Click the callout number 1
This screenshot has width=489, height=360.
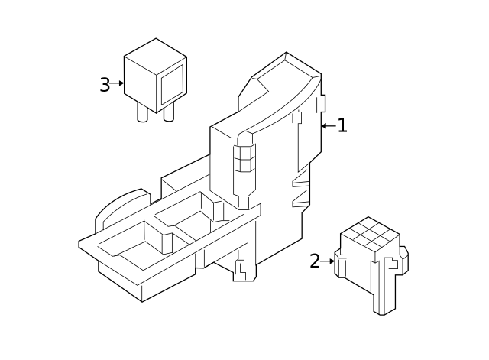tap(342, 126)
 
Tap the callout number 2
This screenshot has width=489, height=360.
tap(315, 261)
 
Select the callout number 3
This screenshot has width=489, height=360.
tap(105, 84)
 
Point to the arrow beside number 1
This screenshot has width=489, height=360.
tap(327, 126)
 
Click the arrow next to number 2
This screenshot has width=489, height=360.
tap(329, 261)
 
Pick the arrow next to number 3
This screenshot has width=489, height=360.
tap(117, 83)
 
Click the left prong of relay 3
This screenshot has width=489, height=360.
tap(143, 112)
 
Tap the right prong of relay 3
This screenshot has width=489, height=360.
tap(169, 112)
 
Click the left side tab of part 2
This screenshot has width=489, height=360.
tap(341, 263)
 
